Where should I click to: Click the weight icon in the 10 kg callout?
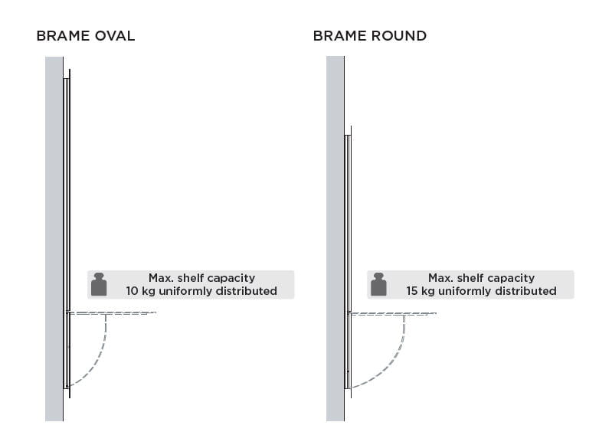point(98,284)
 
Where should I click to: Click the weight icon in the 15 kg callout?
point(378,284)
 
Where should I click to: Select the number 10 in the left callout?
point(133,291)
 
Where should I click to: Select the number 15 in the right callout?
point(412,291)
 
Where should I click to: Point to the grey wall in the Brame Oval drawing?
point(54,230)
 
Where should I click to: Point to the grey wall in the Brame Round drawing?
point(335,230)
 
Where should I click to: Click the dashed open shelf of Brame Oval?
point(115,312)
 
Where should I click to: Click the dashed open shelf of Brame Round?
point(394,313)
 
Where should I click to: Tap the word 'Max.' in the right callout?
point(441,278)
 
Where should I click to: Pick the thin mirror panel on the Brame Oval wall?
point(67,191)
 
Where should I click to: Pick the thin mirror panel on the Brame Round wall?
point(348,230)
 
